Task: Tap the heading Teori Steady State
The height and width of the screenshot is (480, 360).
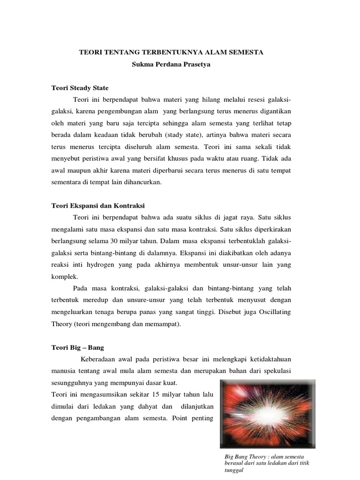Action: pyautogui.click(x=80, y=87)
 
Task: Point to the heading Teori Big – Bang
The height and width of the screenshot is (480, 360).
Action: pyautogui.click(x=77, y=347)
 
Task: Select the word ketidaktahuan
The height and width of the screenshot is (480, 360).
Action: pyautogui.click(x=268, y=360)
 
